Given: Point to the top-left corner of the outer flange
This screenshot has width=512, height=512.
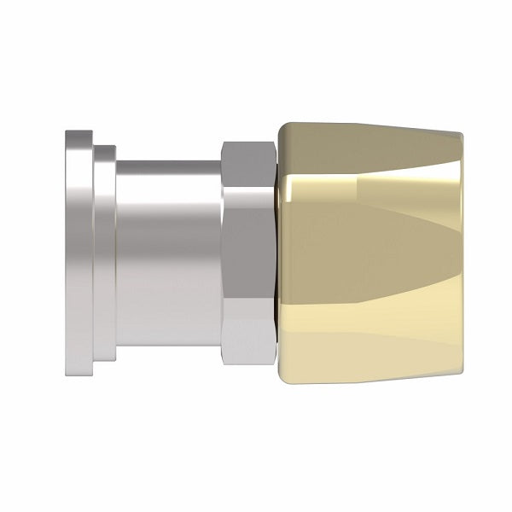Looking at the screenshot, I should (x=66, y=132).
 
